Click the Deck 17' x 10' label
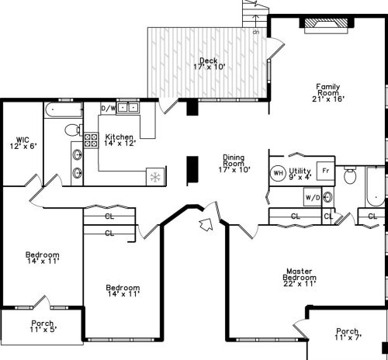pyautogui.click(x=209, y=64)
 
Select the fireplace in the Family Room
pyautogui.click(x=321, y=24)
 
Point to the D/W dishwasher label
pyautogui.click(x=108, y=108)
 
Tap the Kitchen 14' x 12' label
pyautogui.click(x=120, y=140)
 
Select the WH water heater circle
pyautogui.click(x=277, y=172)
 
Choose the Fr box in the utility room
pyautogui.click(x=326, y=169)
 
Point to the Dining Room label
pyautogui.click(x=234, y=161)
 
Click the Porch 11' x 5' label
pyautogui.click(x=43, y=327)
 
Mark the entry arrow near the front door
pyautogui.click(x=206, y=225)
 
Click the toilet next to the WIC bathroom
pyautogui.click(x=73, y=130)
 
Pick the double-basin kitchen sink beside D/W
pyautogui.click(x=127, y=108)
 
